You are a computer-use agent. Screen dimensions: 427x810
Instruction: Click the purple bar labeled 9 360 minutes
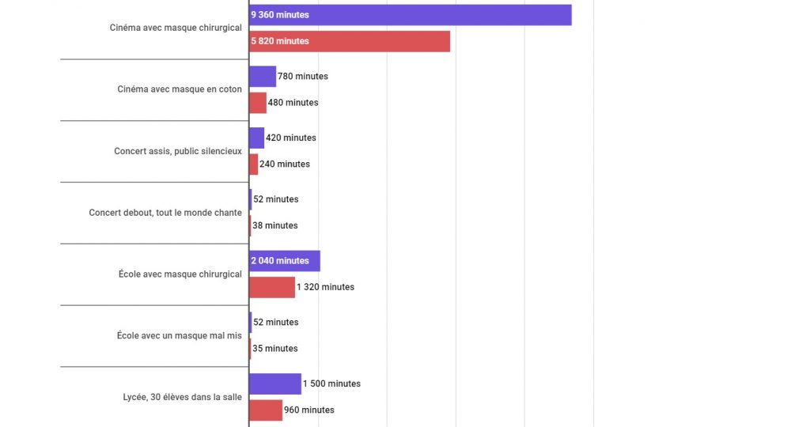(410, 15)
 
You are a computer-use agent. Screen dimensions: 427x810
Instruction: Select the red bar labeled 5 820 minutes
(349, 41)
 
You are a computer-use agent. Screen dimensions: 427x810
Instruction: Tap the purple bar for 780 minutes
(263, 77)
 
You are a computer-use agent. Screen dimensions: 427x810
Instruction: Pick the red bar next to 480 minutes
(258, 103)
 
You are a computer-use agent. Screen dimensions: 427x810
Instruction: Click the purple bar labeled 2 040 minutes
(285, 261)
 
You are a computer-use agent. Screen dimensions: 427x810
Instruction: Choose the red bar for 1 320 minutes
(272, 287)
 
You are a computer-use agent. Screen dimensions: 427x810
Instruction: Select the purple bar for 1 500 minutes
(275, 384)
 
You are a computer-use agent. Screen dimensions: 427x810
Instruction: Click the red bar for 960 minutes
(266, 410)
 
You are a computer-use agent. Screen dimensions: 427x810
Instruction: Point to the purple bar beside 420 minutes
(257, 138)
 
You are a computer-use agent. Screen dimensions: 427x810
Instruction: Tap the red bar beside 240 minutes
(254, 164)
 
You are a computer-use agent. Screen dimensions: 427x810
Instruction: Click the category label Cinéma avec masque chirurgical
(176, 28)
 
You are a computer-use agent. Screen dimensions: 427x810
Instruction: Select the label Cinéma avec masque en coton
(180, 89)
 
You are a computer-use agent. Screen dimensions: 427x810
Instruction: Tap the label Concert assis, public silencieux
(178, 151)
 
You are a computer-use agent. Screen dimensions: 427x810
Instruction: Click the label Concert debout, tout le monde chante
(165, 213)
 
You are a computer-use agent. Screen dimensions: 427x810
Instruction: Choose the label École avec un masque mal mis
(179, 335)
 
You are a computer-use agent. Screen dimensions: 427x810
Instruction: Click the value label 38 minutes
(275, 225)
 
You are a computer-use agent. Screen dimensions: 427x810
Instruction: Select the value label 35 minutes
(275, 349)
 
